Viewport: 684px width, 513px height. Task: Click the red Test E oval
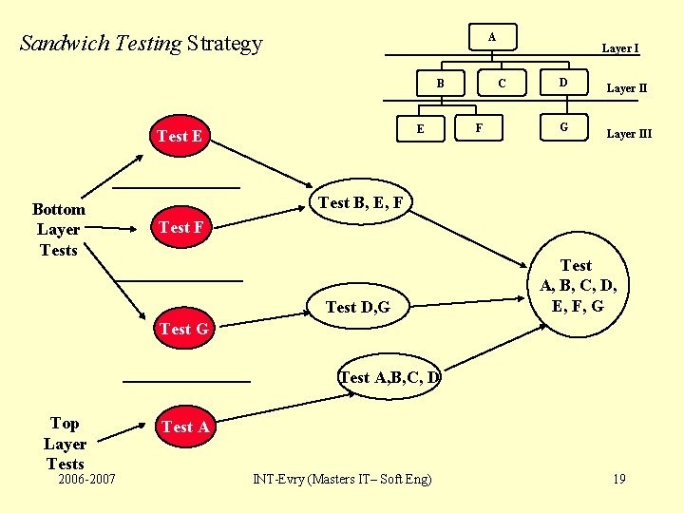[180, 136]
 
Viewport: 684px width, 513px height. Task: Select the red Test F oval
[180, 227]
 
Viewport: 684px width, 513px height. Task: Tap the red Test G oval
[183, 329]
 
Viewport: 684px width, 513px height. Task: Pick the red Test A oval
[185, 427]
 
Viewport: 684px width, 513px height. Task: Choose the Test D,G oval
[357, 306]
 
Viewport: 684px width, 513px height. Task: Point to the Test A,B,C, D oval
[390, 377]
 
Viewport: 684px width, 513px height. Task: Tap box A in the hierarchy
[491, 37]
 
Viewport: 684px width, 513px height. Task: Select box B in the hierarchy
[440, 84]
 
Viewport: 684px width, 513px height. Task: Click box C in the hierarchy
[502, 84]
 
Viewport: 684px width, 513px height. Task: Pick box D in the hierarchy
[563, 84]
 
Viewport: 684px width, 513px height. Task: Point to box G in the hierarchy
[563, 125]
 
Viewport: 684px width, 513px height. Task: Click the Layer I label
[620, 48]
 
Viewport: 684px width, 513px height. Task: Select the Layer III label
[629, 134]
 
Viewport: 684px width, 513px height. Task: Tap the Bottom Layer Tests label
[59, 229]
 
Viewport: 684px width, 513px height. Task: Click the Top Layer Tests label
[65, 444]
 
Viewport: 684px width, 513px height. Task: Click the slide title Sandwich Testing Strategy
[141, 43]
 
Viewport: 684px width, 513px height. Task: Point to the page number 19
[618, 479]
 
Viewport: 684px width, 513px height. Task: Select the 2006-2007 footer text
[86, 479]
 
